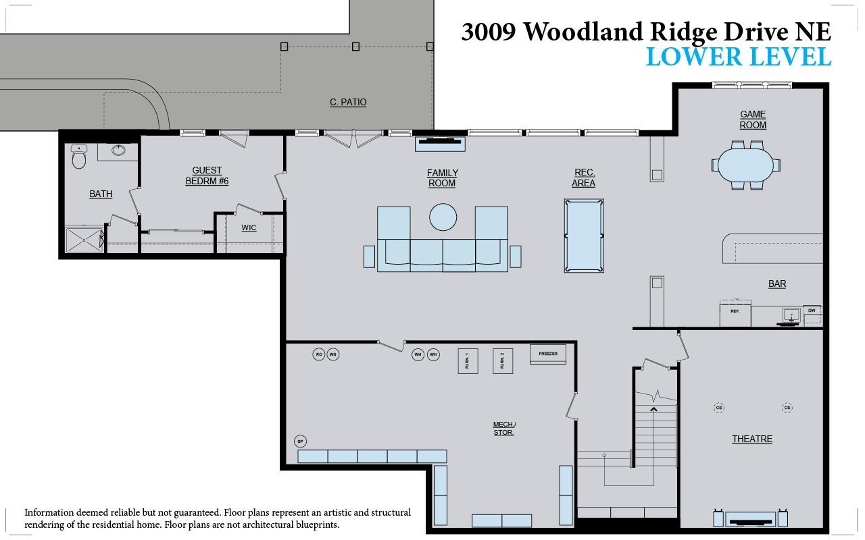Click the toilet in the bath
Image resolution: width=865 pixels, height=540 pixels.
coord(79,158)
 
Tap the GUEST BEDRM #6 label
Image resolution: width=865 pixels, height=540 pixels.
coord(207,175)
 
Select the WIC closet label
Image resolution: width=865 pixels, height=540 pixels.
coord(249,227)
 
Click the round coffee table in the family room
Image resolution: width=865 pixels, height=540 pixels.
coord(443,217)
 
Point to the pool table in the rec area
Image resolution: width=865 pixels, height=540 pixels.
coord(584,236)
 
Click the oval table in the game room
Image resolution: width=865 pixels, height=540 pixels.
coord(745,165)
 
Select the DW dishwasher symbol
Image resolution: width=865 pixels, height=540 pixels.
coord(812,310)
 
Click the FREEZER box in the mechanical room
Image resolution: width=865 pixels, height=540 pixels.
coord(548,354)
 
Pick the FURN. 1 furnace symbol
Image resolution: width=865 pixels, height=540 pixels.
coord(468,360)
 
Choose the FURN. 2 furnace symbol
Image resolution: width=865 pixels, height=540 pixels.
coord(502,360)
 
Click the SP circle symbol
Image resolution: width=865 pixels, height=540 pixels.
coord(301,441)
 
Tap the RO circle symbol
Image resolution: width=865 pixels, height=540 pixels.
coord(319,354)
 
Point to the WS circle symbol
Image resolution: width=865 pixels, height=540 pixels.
coord(333,354)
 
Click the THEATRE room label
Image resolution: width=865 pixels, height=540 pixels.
coord(751,439)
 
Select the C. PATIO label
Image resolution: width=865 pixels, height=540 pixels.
coord(348,102)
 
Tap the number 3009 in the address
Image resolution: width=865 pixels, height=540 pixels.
coord(489,32)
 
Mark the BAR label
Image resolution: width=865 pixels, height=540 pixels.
coord(777,283)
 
